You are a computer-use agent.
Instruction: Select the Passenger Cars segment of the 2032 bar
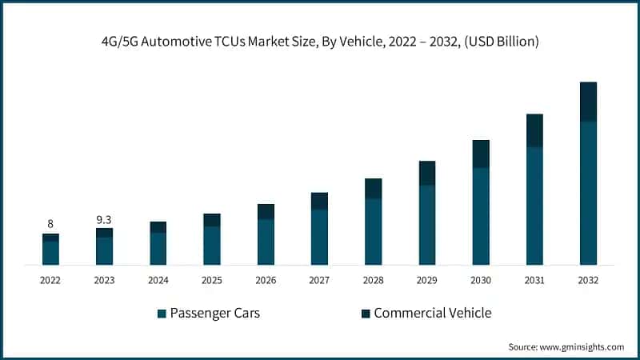pos(588,192)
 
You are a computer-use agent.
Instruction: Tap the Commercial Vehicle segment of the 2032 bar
pos(588,102)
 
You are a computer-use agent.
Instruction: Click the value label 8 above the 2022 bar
pos(50,224)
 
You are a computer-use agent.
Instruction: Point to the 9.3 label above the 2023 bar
pos(104,218)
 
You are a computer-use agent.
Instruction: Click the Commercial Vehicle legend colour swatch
pos(366,314)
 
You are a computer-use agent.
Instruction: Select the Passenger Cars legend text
pos(214,313)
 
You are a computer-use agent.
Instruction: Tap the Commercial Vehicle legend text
pos(432,313)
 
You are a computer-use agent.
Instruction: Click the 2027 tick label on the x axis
pos(319,281)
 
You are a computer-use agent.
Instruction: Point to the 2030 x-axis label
pos(480,281)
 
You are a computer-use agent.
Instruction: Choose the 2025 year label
pos(212,281)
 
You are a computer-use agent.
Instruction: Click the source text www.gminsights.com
pos(566,346)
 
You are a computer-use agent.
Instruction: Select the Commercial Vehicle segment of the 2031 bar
pos(534,130)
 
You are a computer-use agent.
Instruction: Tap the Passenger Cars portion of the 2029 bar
pos(427,224)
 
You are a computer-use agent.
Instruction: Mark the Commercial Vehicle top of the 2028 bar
pos(374,188)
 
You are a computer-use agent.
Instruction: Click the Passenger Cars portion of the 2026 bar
pos(266,241)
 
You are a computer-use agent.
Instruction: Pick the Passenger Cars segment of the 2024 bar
pos(158,248)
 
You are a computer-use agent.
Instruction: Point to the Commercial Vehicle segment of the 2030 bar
pos(481,154)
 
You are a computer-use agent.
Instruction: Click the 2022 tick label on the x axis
pos(50,281)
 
